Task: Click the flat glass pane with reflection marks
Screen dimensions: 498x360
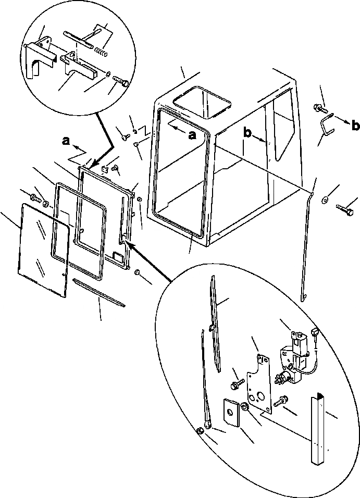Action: pyautogui.click(x=44, y=250)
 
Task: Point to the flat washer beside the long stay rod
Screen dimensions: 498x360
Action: pyautogui.click(x=325, y=198)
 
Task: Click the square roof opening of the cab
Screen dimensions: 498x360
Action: pyautogui.click(x=202, y=101)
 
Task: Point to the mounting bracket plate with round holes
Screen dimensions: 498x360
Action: pyautogui.click(x=259, y=385)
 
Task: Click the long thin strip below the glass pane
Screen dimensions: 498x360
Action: pyautogui.click(x=99, y=293)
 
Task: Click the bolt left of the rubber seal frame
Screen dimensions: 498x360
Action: pyautogui.click(x=35, y=198)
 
